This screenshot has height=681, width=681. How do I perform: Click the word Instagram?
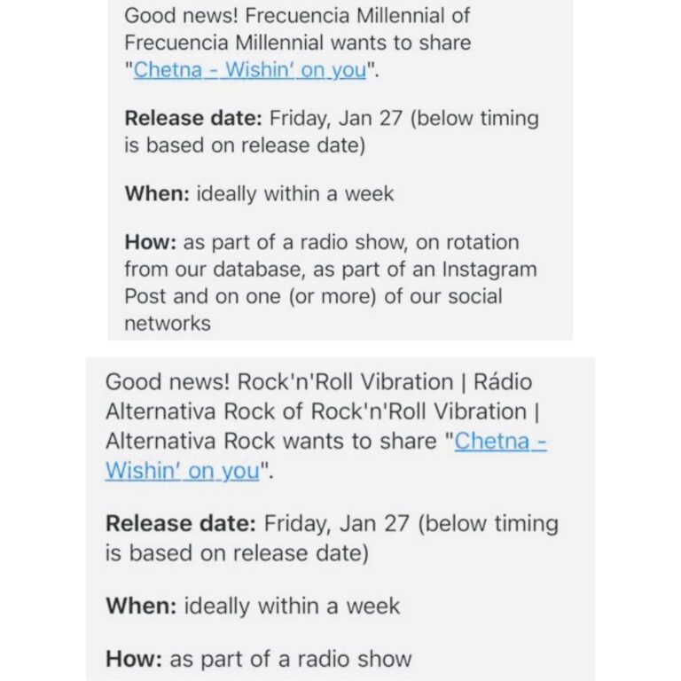click(489, 270)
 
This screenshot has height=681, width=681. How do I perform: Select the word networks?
click(168, 324)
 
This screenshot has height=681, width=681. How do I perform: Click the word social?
click(475, 296)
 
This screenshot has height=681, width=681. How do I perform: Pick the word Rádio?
click(503, 382)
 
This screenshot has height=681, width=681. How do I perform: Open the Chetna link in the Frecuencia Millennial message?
click(168, 69)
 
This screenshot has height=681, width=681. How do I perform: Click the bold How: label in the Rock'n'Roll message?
click(134, 659)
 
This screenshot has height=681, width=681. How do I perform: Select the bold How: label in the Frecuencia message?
click(150, 242)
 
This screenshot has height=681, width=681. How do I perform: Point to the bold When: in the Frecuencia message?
click(157, 193)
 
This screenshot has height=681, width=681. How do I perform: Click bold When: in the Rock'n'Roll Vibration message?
click(141, 606)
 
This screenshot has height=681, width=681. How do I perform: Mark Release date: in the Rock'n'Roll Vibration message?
click(181, 524)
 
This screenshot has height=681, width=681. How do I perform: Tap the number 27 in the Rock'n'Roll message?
click(396, 524)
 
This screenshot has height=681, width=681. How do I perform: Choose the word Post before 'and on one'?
click(145, 296)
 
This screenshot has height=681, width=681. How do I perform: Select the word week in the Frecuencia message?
click(369, 193)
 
